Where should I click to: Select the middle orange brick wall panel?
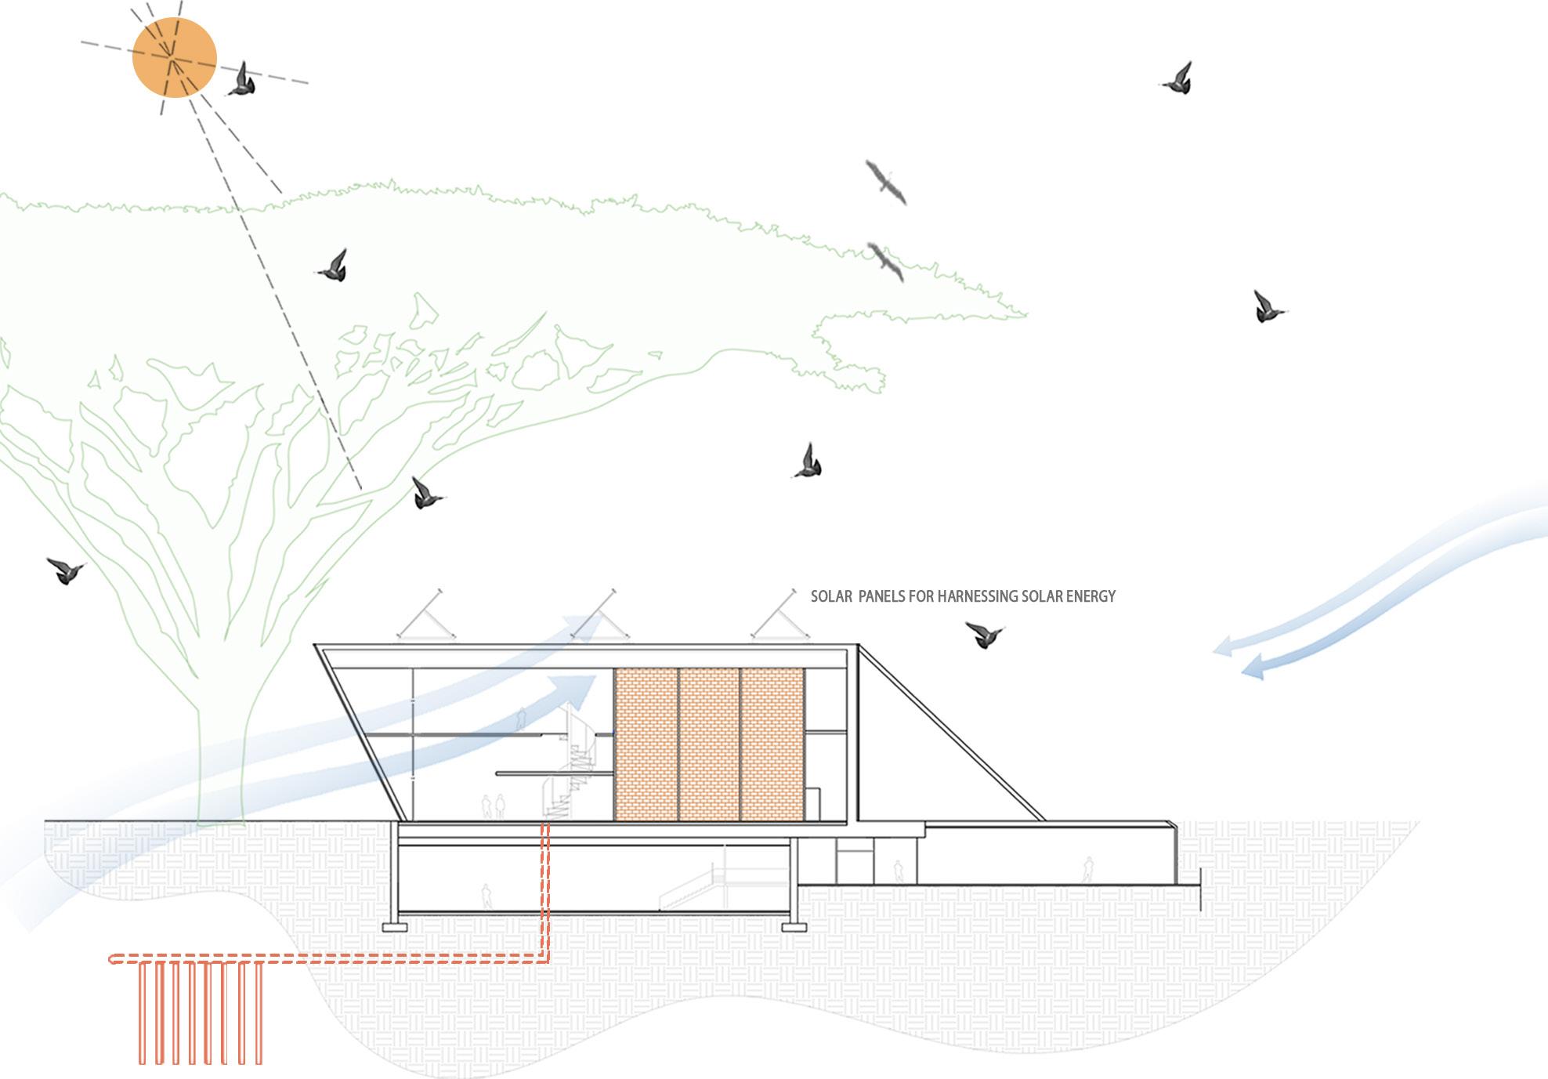pyautogui.click(x=709, y=744)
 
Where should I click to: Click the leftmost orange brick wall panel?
pyautogui.click(x=646, y=744)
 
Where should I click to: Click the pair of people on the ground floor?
pyautogui.click(x=493, y=807)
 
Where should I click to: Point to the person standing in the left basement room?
pyautogui.click(x=486, y=896)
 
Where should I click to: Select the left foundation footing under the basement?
pyautogui.click(x=395, y=927)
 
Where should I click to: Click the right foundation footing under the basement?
pyautogui.click(x=794, y=927)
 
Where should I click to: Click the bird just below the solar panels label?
pyautogui.click(x=984, y=633)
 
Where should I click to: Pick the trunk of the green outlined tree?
pyautogui.click(x=221, y=768)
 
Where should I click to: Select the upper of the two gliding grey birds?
pyautogui.click(x=886, y=183)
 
